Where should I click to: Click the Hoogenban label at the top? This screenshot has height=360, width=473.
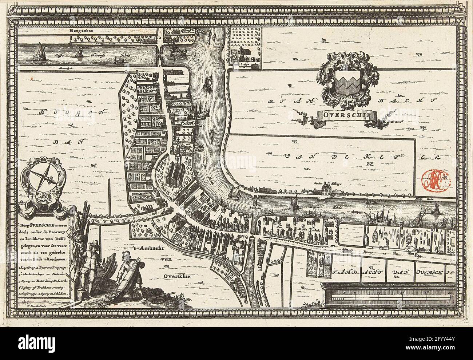(83, 31)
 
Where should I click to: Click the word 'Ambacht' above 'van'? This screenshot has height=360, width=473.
(148, 249)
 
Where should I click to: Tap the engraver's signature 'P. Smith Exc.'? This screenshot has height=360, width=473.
(37, 305)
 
